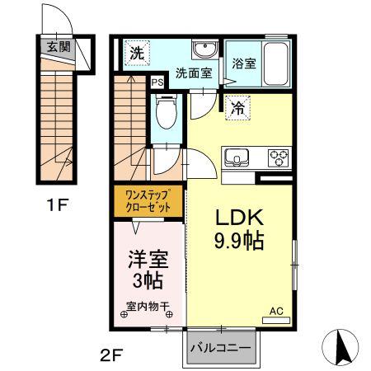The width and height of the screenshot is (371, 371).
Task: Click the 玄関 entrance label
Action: click(x=59, y=47)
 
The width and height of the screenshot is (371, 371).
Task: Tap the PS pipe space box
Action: click(x=157, y=82)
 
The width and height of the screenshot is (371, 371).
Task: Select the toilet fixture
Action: click(x=166, y=111)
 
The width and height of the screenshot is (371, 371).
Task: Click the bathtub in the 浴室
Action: click(x=275, y=63)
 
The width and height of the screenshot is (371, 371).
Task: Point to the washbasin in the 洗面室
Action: click(x=205, y=49)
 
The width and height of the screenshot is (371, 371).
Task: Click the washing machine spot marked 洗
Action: click(x=137, y=53)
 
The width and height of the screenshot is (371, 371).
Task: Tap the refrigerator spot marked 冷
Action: click(x=237, y=108)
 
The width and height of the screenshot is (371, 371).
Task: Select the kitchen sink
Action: click(x=237, y=157)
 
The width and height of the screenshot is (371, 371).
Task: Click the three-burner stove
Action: click(x=279, y=157)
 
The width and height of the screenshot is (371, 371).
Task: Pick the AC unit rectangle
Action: click(x=276, y=321)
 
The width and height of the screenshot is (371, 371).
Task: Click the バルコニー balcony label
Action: click(x=221, y=348)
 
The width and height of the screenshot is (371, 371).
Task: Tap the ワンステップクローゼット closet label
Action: click(x=148, y=201)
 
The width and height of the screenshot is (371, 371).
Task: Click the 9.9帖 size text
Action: click(x=239, y=241)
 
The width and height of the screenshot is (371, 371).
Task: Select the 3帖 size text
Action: click(x=147, y=280)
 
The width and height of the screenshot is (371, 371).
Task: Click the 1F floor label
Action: click(x=57, y=205)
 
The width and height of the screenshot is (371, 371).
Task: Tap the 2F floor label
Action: click(x=111, y=356)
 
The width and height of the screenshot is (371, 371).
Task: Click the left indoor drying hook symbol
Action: click(x=124, y=314)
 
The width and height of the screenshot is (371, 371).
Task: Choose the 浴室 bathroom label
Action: click(x=244, y=63)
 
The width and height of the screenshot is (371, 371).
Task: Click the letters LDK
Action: click(x=239, y=217)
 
